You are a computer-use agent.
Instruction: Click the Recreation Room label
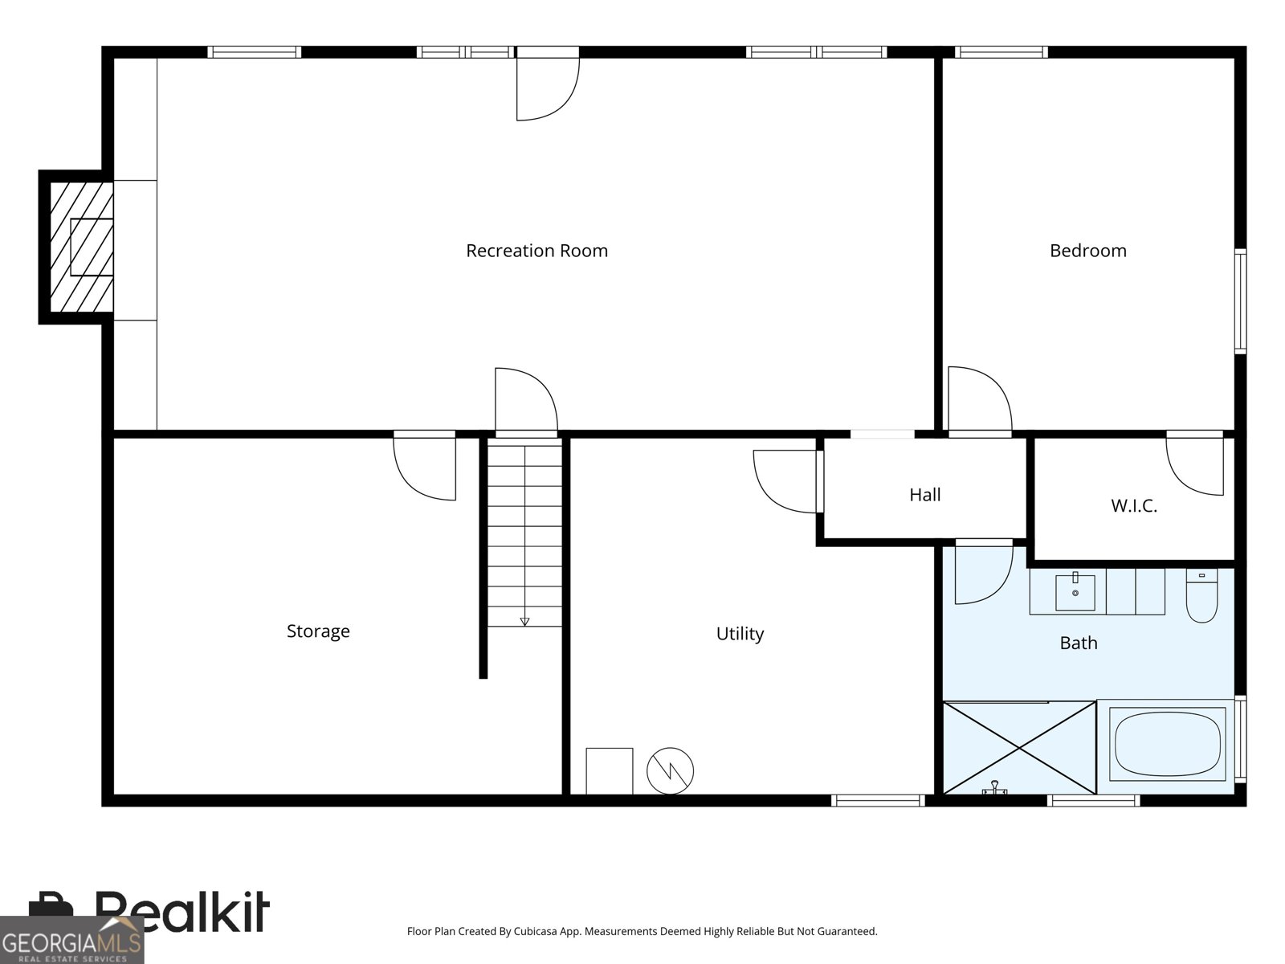click(536, 251)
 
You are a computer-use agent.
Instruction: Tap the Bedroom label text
click(1087, 251)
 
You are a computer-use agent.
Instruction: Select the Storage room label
click(318, 631)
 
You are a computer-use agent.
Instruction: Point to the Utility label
click(740, 634)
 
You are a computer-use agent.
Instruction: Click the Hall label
click(925, 495)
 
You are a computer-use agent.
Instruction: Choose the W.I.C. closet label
click(1134, 506)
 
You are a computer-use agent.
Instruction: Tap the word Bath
click(1079, 643)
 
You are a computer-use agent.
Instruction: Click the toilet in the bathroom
click(1201, 595)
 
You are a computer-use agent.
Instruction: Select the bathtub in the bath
click(1167, 742)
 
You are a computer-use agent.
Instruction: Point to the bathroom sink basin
click(1075, 592)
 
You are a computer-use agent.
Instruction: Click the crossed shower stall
click(1019, 747)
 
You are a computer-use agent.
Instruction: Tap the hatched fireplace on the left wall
click(81, 247)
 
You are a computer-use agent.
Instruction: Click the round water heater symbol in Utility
click(670, 771)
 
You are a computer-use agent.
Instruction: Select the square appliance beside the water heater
click(609, 771)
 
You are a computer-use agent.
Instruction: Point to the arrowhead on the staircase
click(524, 622)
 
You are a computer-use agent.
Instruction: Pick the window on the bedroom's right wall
click(1240, 301)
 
